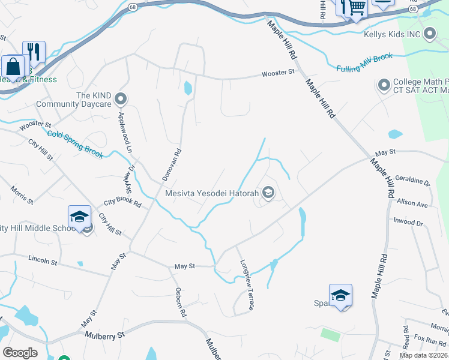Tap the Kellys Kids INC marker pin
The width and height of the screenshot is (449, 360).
(x=429, y=34)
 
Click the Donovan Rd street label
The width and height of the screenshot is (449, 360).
(x=172, y=165)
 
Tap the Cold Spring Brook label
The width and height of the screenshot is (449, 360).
(x=76, y=145)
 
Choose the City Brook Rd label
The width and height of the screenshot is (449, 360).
(x=122, y=203)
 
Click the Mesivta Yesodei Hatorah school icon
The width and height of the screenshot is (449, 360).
(x=268, y=193)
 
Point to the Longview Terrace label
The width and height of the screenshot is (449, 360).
(x=247, y=284)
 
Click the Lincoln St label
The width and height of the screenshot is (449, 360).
(x=43, y=260)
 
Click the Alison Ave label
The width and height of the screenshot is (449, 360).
(x=412, y=203)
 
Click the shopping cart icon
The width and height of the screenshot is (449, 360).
(x=357, y=8)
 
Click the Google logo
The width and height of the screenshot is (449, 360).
(x=20, y=353)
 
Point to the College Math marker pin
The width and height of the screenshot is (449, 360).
(x=384, y=86)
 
